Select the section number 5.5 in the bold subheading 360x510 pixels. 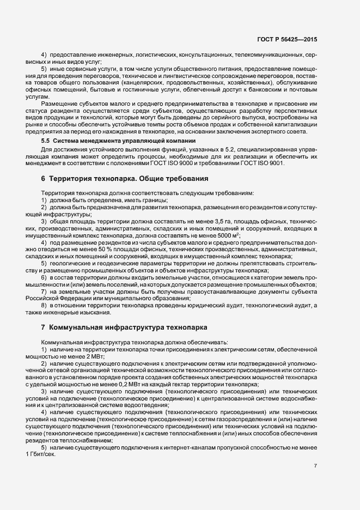coord(46,141)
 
